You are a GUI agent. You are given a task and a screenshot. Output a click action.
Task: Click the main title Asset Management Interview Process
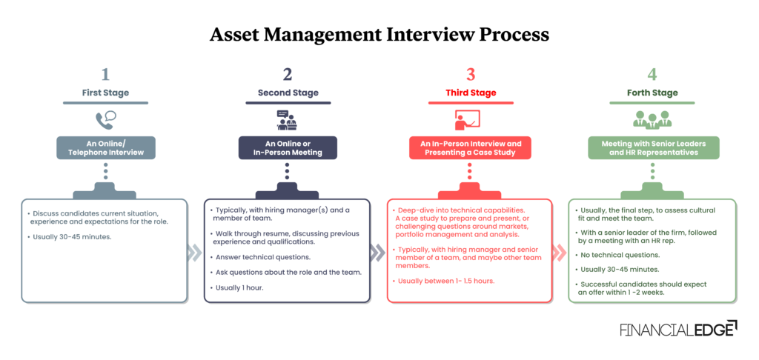379,34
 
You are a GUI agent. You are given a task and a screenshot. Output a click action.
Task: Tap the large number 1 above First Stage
105,74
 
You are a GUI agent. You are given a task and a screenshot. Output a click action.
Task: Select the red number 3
470,74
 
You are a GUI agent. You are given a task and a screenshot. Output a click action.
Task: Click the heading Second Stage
288,93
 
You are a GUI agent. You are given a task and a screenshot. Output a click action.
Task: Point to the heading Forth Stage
652,93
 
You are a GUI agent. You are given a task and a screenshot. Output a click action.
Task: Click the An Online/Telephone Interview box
105,147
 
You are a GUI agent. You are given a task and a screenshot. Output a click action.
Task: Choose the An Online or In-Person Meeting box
288,147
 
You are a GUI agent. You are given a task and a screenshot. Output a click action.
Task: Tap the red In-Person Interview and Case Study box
470,147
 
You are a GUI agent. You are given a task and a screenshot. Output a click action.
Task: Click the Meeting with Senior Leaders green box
652,147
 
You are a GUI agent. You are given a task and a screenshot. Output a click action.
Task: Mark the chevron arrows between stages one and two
195,253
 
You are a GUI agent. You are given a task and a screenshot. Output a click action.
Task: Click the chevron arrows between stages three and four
560,253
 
